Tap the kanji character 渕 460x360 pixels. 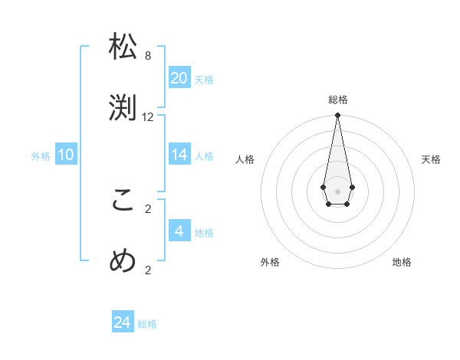pyautogui.click(x=123, y=108)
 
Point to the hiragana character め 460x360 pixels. pyautogui.click(x=123, y=261)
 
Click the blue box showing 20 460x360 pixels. pyautogui.click(x=179, y=77)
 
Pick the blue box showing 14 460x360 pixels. pyautogui.click(x=179, y=155)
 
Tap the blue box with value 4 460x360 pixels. pyautogui.click(x=179, y=231)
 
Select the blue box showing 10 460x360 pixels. pyautogui.click(x=66, y=155)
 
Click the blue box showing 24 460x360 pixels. pyautogui.click(x=123, y=322)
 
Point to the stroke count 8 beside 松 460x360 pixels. pyautogui.click(x=148, y=56)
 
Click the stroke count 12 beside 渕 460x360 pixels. pyautogui.click(x=148, y=117)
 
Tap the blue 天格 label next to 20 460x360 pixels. pyautogui.click(x=204, y=80)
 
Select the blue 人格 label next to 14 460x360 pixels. pyautogui.click(x=204, y=156)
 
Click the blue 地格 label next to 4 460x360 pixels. pyautogui.click(x=204, y=233)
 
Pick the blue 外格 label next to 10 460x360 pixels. pyautogui.click(x=41, y=156)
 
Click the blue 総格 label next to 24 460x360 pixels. pyautogui.click(x=147, y=325)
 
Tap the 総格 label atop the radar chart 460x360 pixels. pyautogui.click(x=338, y=100)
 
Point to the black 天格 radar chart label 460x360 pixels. pyautogui.click(x=431, y=159)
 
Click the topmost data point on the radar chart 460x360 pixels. pyautogui.click(x=337, y=116)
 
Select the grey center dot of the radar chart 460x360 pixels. pyautogui.click(x=337, y=191)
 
